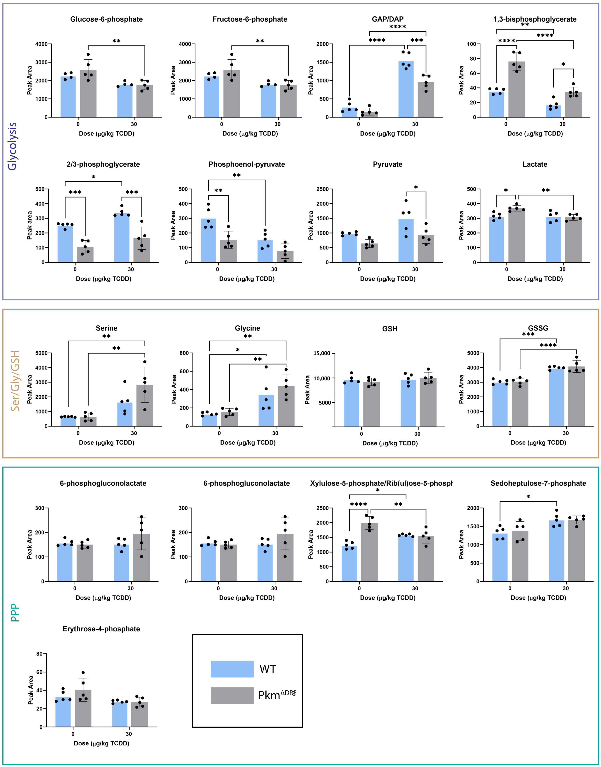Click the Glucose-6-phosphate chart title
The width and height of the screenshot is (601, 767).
click(106, 19)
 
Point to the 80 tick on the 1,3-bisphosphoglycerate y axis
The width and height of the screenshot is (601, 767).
click(473, 59)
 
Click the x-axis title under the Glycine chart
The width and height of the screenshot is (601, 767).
click(248, 443)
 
